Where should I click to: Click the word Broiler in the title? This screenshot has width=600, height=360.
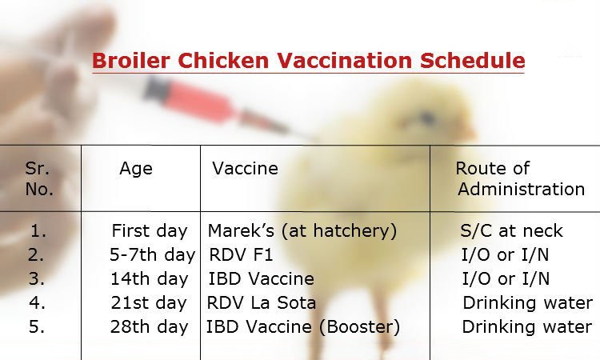pyautogui.click(x=131, y=61)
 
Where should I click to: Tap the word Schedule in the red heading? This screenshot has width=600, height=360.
pyautogui.click(x=472, y=61)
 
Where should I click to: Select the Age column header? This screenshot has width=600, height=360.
pyautogui.click(x=136, y=169)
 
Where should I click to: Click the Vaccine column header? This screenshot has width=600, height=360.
pyautogui.click(x=246, y=168)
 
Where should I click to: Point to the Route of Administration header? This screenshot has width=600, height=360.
pyautogui.click(x=520, y=178)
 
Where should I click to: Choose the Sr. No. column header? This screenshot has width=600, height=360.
pyautogui.click(x=39, y=178)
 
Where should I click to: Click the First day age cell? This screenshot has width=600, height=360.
pyautogui.click(x=150, y=230)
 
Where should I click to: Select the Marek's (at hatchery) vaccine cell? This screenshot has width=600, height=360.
pyautogui.click(x=302, y=230)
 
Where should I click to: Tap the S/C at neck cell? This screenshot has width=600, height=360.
pyautogui.click(x=512, y=230)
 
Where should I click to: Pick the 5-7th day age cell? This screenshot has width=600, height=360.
pyautogui.click(x=152, y=254)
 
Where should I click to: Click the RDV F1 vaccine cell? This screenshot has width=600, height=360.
pyautogui.click(x=241, y=254)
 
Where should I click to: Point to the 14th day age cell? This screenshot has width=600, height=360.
pyautogui.click(x=150, y=279)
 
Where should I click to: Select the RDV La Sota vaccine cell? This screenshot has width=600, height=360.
pyautogui.click(x=262, y=302)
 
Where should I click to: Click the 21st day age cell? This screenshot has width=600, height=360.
pyautogui.click(x=149, y=303)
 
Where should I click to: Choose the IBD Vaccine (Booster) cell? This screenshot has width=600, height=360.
pyautogui.click(x=303, y=326)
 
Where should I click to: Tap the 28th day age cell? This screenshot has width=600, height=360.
pyautogui.click(x=149, y=326)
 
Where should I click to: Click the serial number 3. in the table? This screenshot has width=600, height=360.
pyautogui.click(x=36, y=279)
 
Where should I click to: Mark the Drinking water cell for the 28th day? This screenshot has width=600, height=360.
pyautogui.click(x=527, y=326)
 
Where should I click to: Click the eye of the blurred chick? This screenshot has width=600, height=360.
pyautogui.click(x=427, y=116)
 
